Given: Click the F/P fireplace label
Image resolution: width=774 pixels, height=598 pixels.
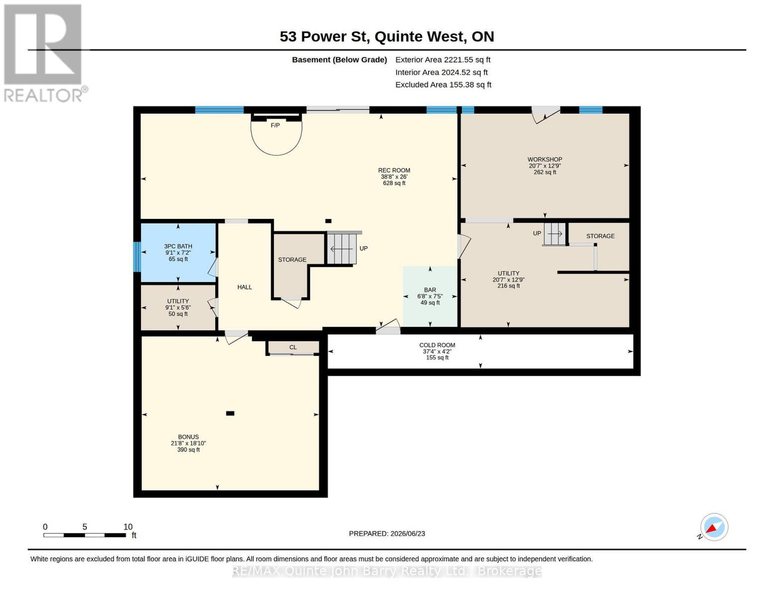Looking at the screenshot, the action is (x=275, y=126).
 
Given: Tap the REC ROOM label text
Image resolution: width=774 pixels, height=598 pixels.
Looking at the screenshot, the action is (x=394, y=170).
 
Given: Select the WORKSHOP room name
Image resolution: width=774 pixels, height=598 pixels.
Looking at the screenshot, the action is (x=545, y=159).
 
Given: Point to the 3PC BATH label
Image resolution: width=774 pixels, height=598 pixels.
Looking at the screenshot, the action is (x=178, y=246).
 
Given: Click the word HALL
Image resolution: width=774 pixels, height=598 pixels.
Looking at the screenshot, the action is (x=244, y=287).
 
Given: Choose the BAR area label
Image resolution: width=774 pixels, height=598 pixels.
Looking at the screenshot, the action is (x=430, y=290).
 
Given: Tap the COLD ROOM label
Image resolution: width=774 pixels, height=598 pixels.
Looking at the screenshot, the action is (x=437, y=345).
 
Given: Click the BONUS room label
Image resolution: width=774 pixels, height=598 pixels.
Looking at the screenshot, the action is (x=188, y=437).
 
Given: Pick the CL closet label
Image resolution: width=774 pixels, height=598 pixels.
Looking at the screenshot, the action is (x=293, y=347).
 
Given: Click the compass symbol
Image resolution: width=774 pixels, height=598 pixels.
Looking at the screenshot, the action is (x=714, y=527).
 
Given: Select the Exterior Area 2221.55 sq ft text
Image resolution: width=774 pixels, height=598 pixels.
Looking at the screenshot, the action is (x=443, y=60).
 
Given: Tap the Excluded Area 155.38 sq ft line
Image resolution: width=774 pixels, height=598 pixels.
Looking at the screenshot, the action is (x=443, y=85).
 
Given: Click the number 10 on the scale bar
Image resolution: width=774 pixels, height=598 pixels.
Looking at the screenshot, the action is (x=128, y=526).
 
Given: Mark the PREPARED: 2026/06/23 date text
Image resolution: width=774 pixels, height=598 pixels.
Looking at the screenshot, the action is (x=387, y=534).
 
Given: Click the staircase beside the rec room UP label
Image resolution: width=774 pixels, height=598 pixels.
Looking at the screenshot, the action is (x=342, y=248).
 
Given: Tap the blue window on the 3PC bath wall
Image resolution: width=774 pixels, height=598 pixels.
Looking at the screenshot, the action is (x=137, y=257).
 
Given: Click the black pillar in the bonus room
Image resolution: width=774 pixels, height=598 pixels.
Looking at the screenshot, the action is (x=230, y=413).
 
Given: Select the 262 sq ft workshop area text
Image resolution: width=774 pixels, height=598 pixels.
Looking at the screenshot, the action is (x=545, y=172).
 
